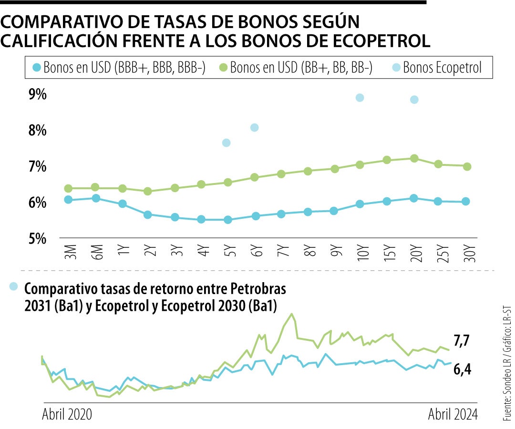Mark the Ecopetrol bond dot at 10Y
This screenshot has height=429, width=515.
[360, 98]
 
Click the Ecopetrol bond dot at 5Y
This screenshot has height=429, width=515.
[227, 143]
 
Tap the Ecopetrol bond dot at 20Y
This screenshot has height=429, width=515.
[414, 100]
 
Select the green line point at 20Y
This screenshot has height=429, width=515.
[414, 158]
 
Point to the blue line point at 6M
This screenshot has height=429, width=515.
[95, 198]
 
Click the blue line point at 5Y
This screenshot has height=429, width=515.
[227, 220]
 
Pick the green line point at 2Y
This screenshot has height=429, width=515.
[148, 191]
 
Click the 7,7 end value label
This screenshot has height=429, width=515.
[462, 341]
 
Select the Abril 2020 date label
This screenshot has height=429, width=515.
[67, 414]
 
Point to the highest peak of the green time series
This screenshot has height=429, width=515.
[292, 314]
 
